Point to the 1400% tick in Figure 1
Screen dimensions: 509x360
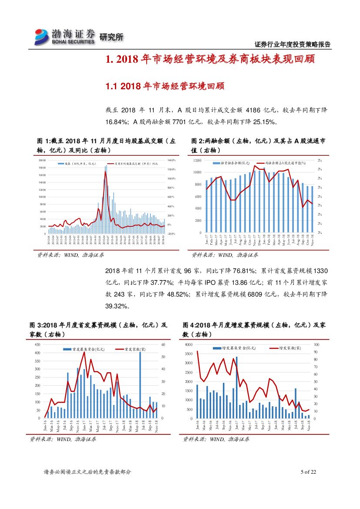coord(170,160)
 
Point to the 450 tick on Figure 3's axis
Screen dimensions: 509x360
coord(38,344)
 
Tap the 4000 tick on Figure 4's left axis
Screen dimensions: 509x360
coord(188,344)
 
